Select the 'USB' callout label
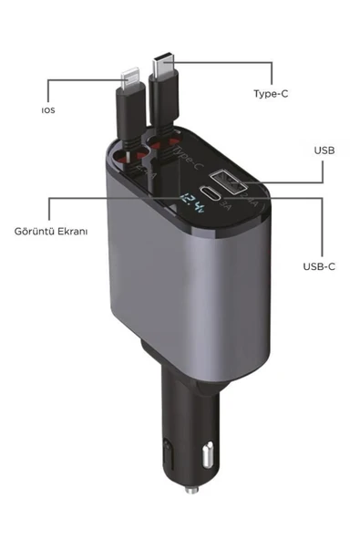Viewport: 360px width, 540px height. (324, 150)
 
